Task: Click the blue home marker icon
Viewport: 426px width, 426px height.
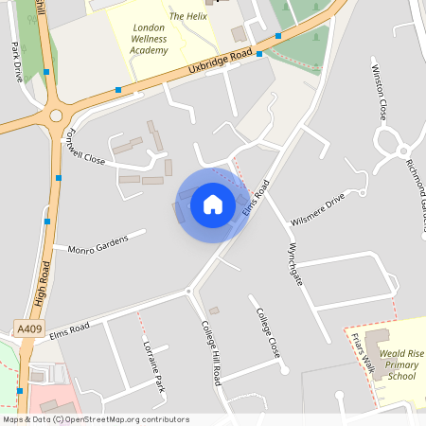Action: pyautogui.click(x=213, y=204)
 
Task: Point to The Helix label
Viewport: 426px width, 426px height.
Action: pyautogui.click(x=188, y=16)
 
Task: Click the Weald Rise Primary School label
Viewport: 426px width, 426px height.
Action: pyautogui.click(x=389, y=364)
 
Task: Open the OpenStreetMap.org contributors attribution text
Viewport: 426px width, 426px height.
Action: pyautogui.click(x=123, y=419)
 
